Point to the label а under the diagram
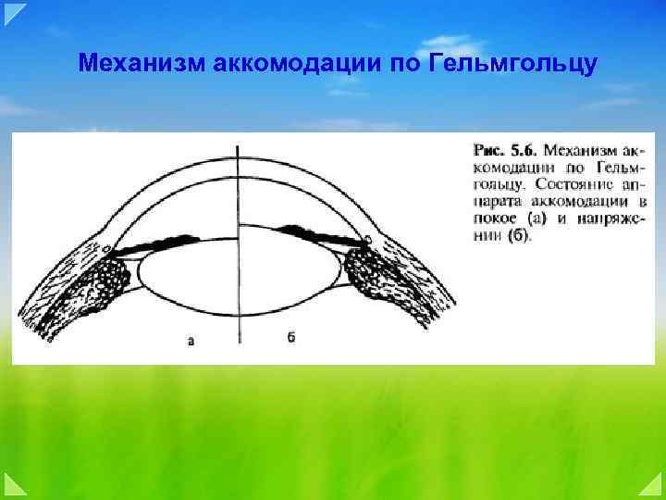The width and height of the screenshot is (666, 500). coord(191,341)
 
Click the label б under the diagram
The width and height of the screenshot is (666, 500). coord(290,339)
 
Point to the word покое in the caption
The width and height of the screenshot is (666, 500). coord(495,219)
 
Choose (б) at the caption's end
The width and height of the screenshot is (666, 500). coord(521,235)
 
